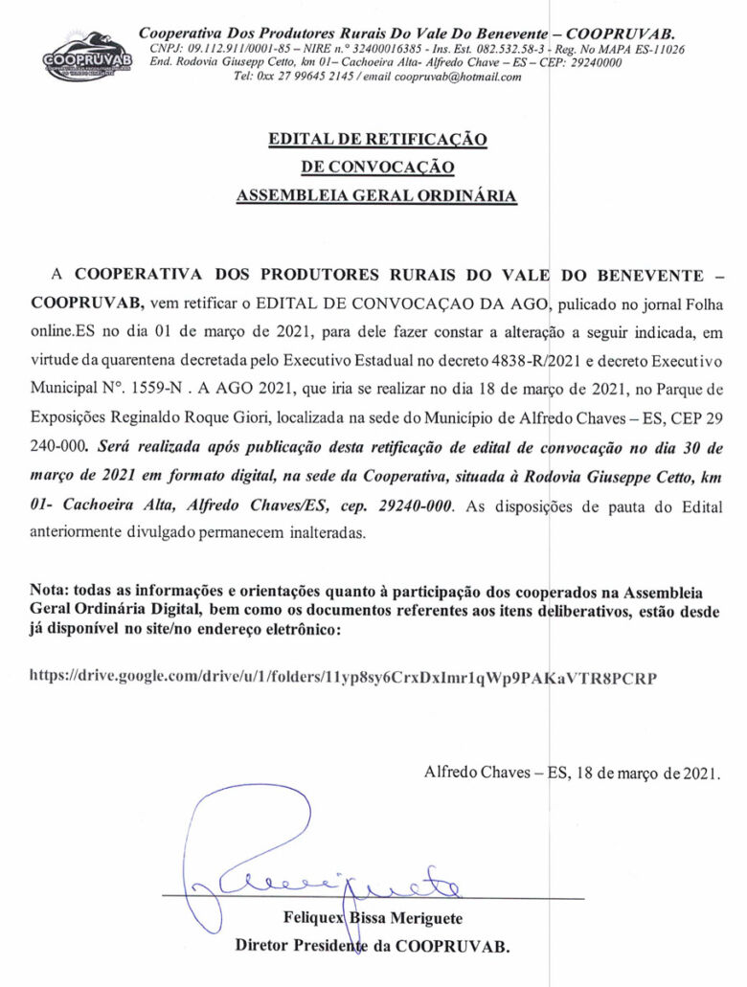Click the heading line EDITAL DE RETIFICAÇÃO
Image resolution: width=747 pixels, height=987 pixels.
coord(377,140)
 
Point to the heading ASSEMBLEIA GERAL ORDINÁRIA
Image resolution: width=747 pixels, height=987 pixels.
coord(377,197)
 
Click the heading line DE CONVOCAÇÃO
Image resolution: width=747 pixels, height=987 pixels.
coord(377,168)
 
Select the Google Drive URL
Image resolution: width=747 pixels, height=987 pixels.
coord(344,677)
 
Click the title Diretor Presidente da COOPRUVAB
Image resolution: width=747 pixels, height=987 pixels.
coord(373,947)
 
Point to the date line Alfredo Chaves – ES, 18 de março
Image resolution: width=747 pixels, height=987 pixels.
coord(572,773)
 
